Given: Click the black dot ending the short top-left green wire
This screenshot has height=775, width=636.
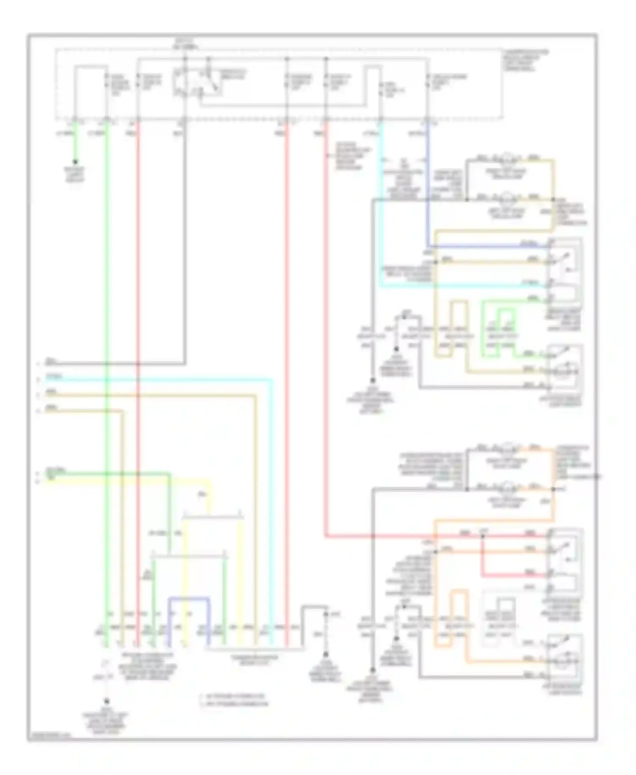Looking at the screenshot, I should (75, 162).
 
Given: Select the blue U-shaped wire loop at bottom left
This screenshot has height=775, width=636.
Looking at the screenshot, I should (189, 599).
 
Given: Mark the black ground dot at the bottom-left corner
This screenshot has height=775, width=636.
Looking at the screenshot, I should (106, 702).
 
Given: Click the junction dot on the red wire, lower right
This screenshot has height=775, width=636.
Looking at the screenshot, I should (482, 536).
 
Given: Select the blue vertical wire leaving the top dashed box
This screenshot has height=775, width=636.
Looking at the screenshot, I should (428, 182).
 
